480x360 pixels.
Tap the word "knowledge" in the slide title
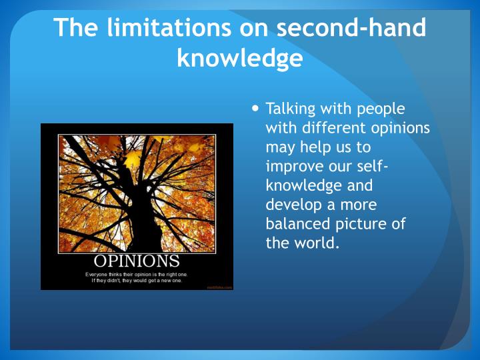tap(240, 59)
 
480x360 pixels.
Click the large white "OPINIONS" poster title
tap(136, 260)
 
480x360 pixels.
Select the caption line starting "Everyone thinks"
tap(136, 274)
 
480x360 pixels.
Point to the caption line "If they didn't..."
tap(136, 281)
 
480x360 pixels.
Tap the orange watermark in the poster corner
tap(219, 287)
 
